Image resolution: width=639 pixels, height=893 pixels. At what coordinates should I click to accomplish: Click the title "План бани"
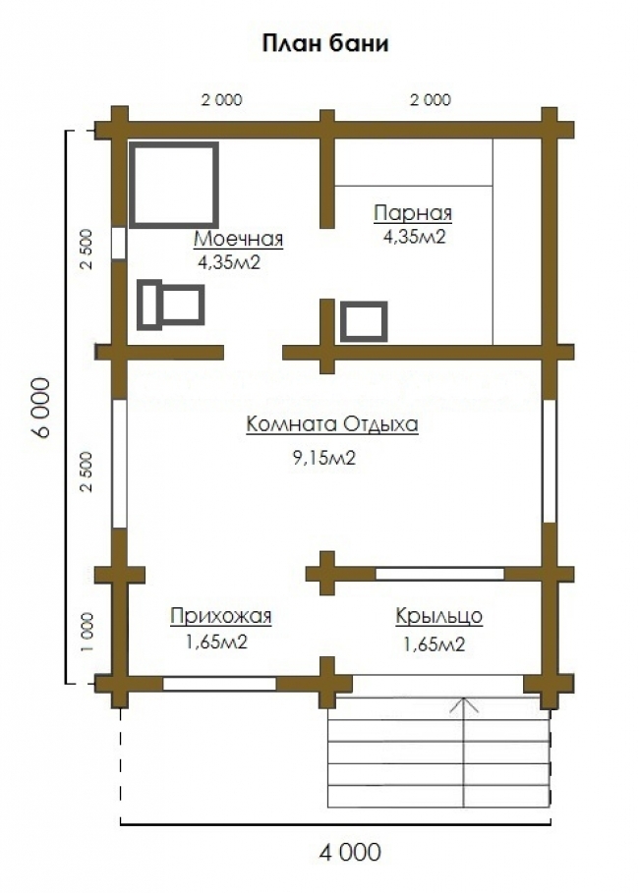click(x=325, y=44)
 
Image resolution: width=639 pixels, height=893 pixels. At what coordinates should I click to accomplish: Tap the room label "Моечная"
click(x=238, y=239)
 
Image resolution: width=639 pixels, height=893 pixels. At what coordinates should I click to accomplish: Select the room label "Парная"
click(x=413, y=213)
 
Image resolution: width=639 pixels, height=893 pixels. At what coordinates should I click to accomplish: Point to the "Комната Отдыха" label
click(x=332, y=424)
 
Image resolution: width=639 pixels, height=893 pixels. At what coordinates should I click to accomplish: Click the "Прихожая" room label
click(x=220, y=616)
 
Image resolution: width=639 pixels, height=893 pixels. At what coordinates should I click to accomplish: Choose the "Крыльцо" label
click(x=438, y=616)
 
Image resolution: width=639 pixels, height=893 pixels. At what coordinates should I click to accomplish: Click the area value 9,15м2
click(x=324, y=458)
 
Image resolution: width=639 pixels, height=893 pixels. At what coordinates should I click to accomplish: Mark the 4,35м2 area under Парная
click(x=414, y=237)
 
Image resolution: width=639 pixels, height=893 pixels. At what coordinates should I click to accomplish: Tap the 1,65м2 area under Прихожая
click(x=216, y=642)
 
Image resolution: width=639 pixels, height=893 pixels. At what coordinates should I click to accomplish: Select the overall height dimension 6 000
click(x=41, y=408)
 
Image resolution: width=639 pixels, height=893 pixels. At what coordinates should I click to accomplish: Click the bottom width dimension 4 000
click(x=350, y=853)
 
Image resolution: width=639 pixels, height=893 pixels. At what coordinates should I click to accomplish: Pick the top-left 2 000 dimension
click(x=222, y=99)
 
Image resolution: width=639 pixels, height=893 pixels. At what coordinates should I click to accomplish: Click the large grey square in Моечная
click(x=174, y=185)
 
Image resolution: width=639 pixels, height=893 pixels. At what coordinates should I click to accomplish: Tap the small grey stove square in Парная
click(x=365, y=322)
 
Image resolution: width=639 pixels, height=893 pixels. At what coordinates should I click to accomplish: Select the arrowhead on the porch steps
click(x=464, y=705)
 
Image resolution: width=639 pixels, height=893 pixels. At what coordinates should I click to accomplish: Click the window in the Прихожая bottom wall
click(x=219, y=684)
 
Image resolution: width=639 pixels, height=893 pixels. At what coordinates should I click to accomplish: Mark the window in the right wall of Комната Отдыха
click(x=549, y=462)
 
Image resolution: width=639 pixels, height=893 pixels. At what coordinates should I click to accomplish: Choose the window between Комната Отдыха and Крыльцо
click(x=439, y=574)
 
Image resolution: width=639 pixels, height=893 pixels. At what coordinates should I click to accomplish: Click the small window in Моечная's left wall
click(x=119, y=244)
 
